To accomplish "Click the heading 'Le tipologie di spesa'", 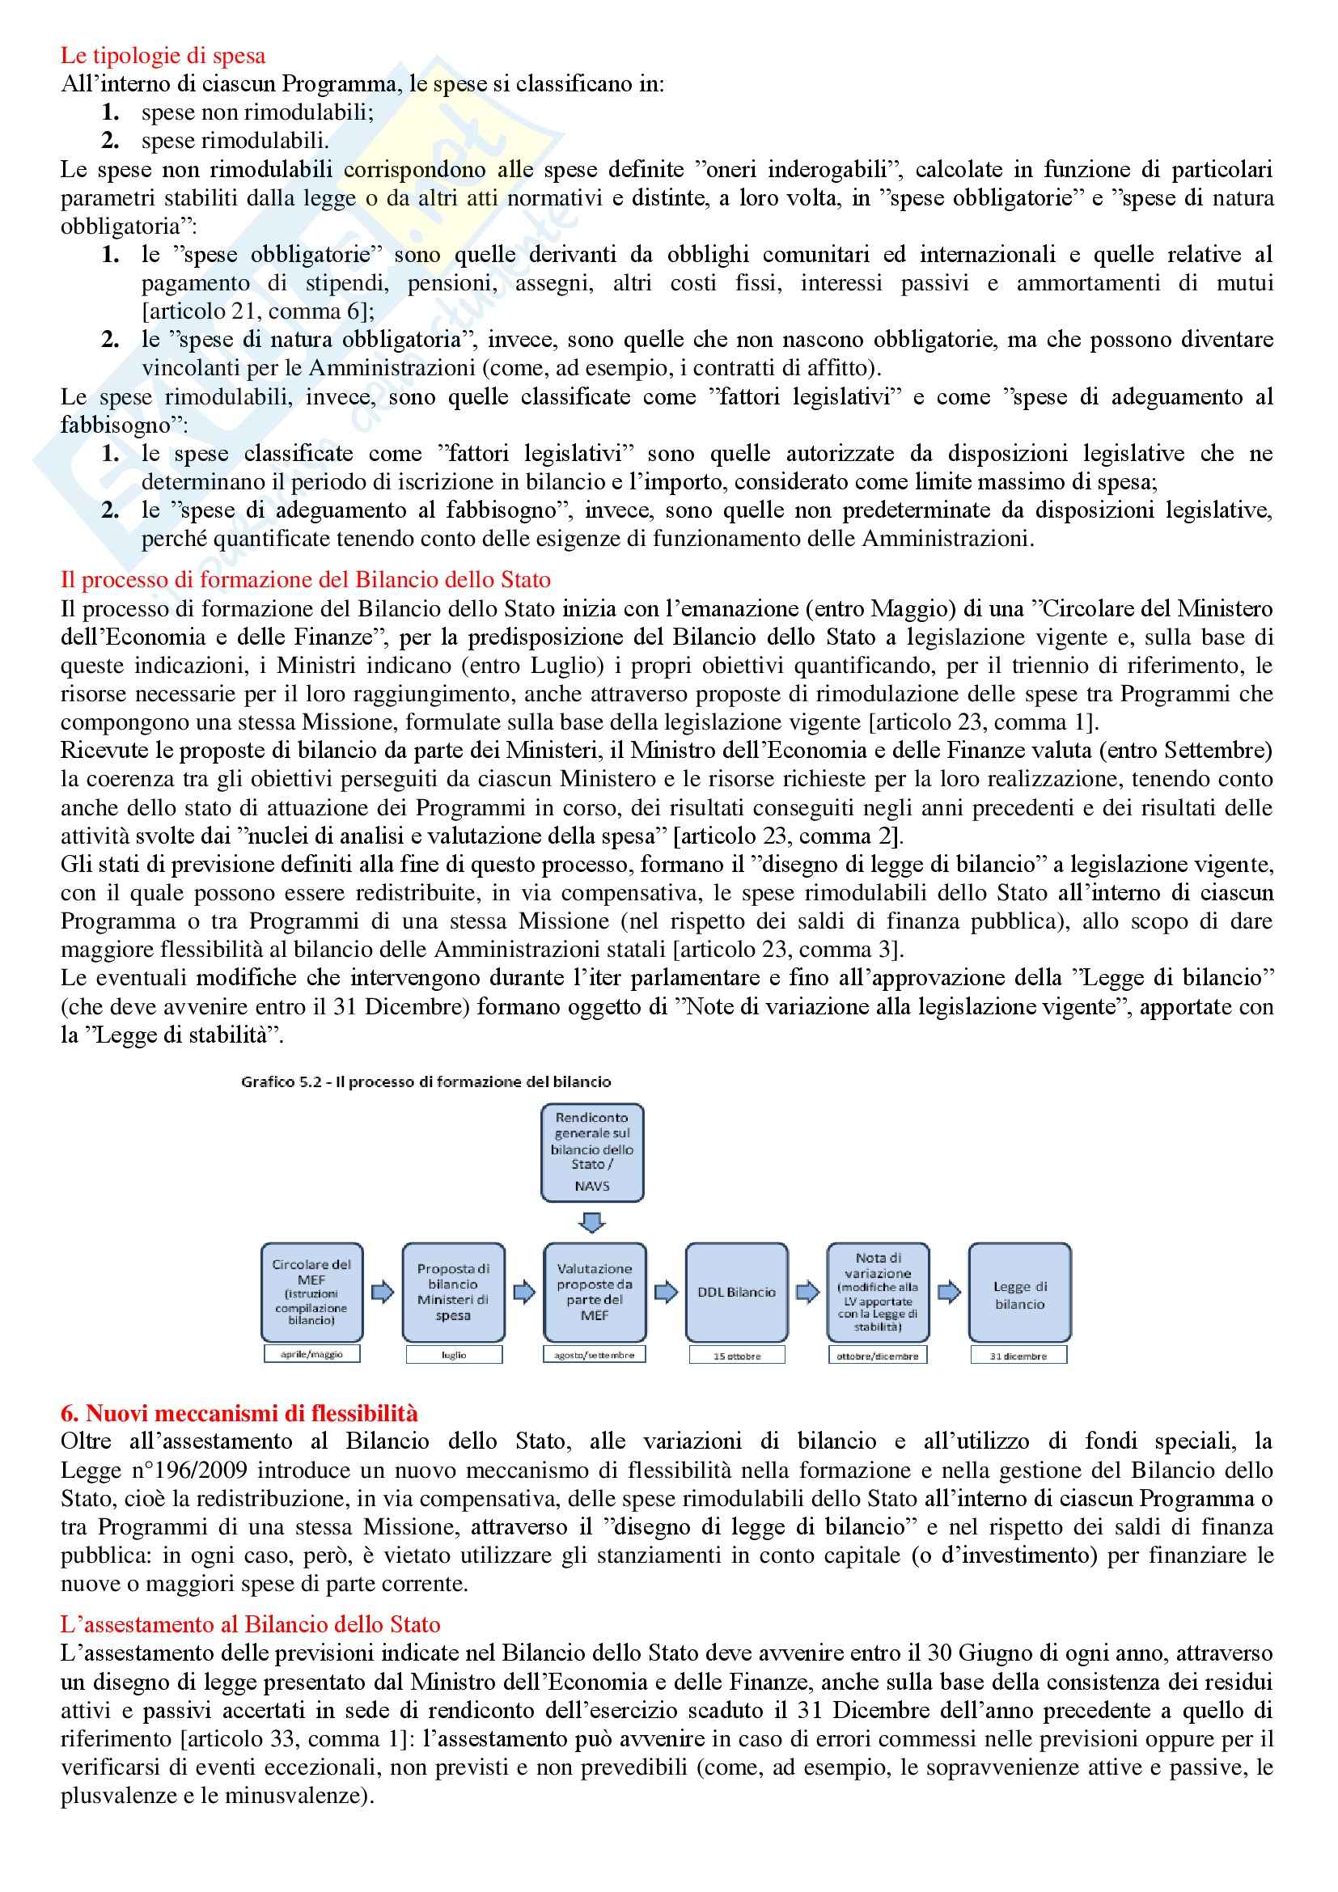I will click(x=163, y=55).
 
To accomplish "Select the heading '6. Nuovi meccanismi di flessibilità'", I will click(x=239, y=1412).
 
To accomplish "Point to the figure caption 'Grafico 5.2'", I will click(x=426, y=1081).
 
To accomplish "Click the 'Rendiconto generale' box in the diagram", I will click(x=591, y=1152).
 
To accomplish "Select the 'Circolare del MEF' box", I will click(x=311, y=1291).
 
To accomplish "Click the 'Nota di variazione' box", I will click(x=878, y=1291).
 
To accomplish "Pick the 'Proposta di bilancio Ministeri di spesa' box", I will click(x=453, y=1291).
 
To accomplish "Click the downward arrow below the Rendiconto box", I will click(x=591, y=1221).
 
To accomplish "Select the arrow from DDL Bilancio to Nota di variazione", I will click(x=807, y=1291).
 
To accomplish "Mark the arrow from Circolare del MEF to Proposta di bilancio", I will click(x=383, y=1291).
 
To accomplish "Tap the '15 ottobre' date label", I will click(x=737, y=1356).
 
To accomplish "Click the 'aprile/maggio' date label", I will click(x=311, y=1354).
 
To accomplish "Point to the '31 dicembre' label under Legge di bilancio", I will click(x=1018, y=1356).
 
